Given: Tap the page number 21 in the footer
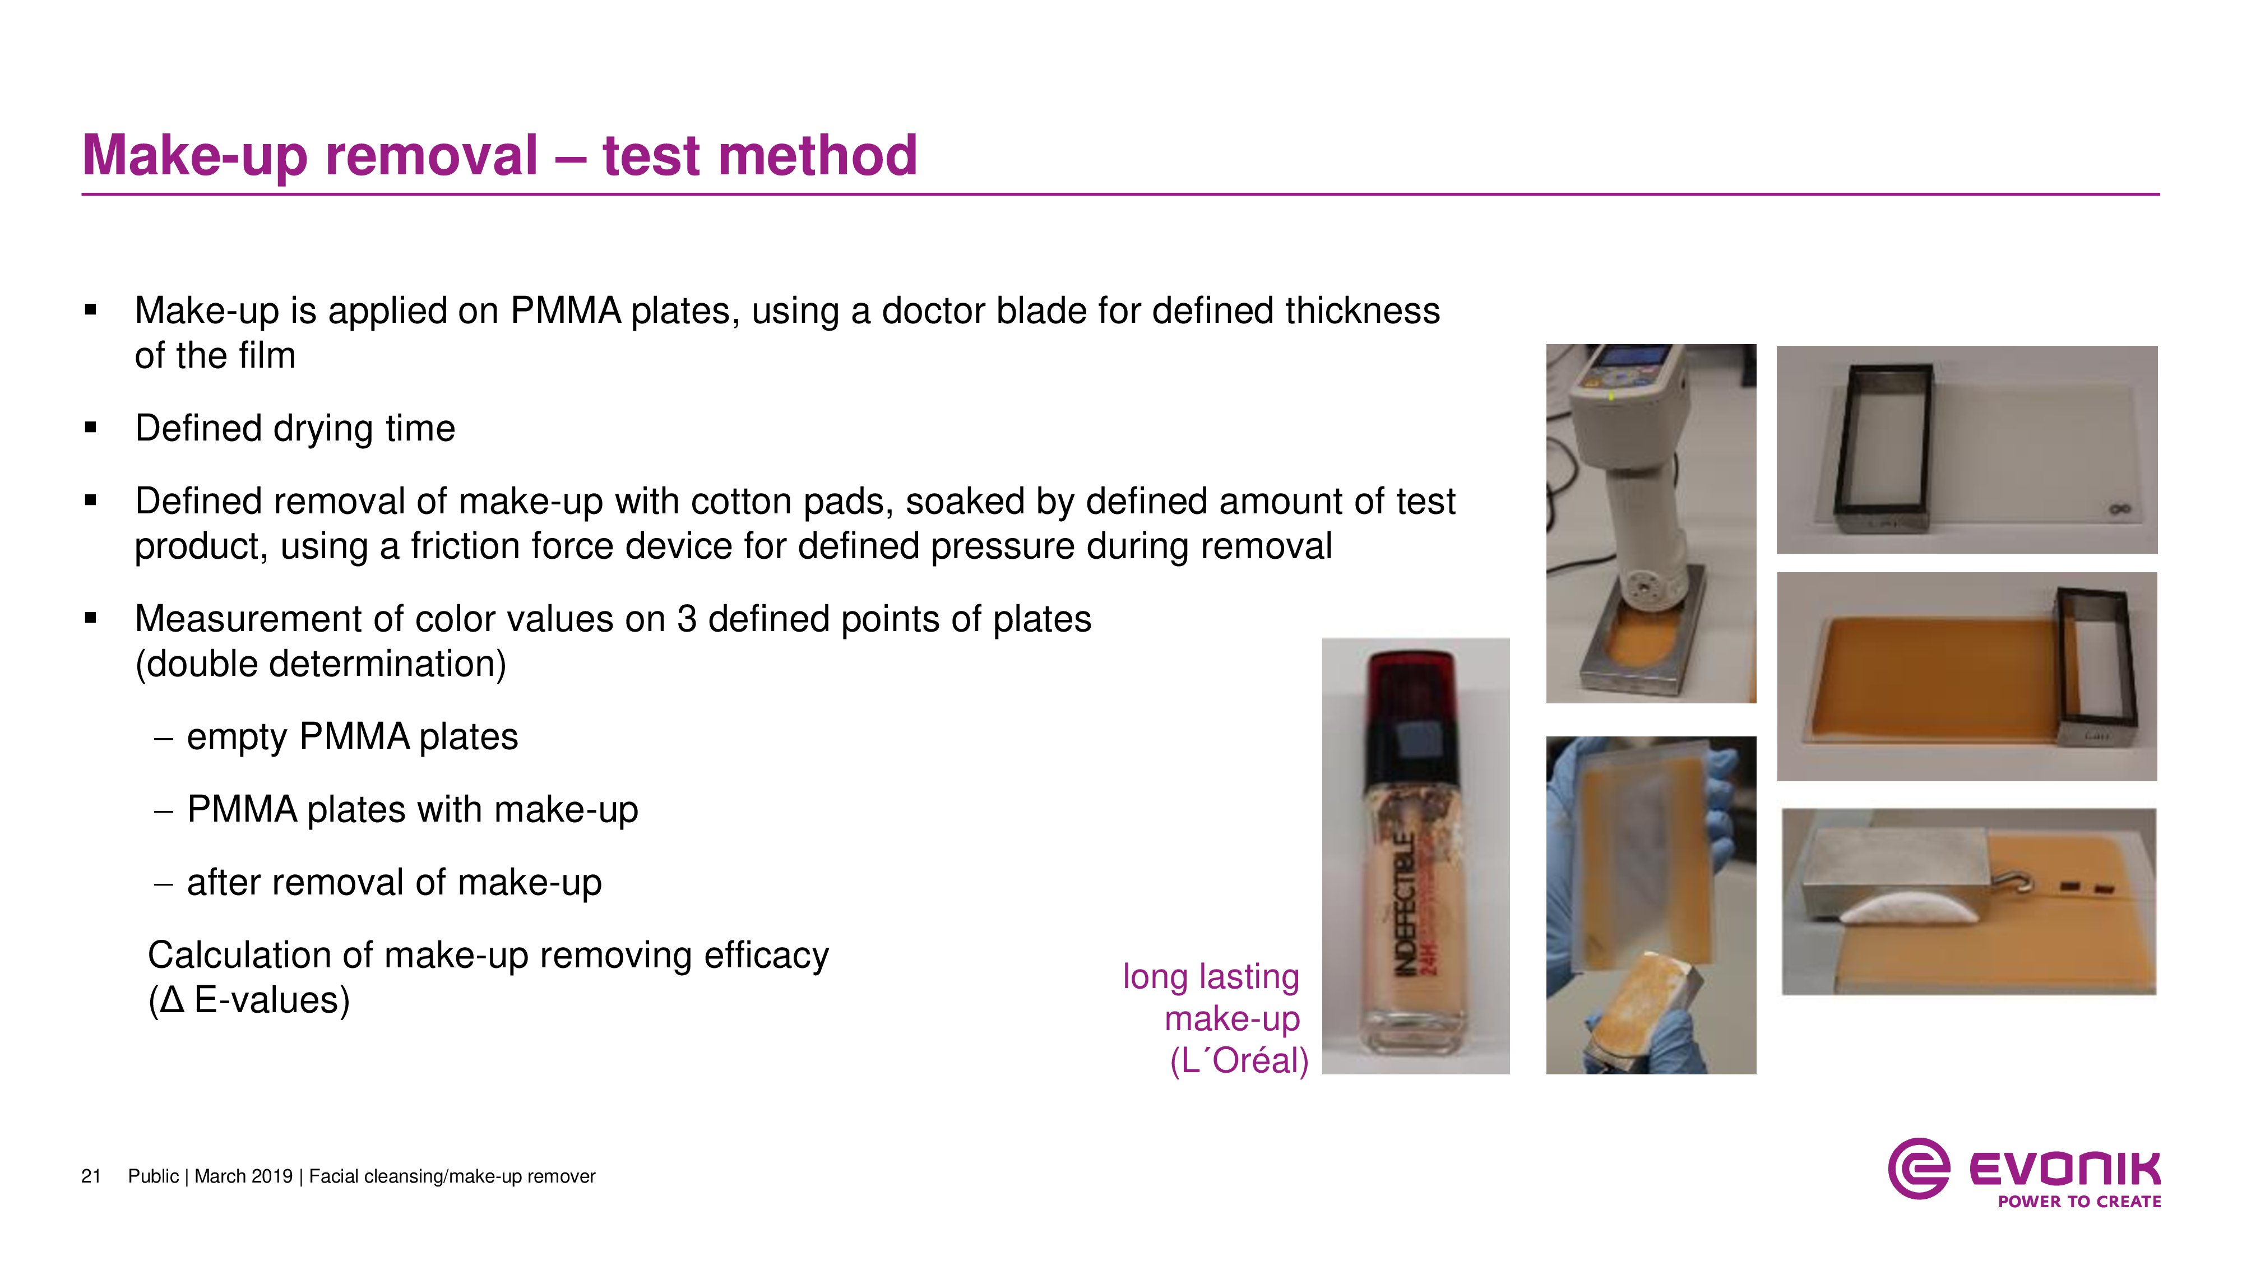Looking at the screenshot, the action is pos(91,1176).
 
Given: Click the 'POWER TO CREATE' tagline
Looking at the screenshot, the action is pos(2079,1202).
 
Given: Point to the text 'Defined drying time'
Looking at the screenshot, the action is pos(295,428).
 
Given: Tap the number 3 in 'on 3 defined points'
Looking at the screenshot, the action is pos(687,620).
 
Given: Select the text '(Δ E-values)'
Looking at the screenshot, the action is pos(249,1000).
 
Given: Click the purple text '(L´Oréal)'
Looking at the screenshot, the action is pos(1239,1061).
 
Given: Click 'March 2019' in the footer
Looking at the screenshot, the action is pos(244,1176).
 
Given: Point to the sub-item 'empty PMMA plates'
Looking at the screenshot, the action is pos(353,737).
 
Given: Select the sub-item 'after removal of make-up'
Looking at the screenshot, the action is pos(394,883).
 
